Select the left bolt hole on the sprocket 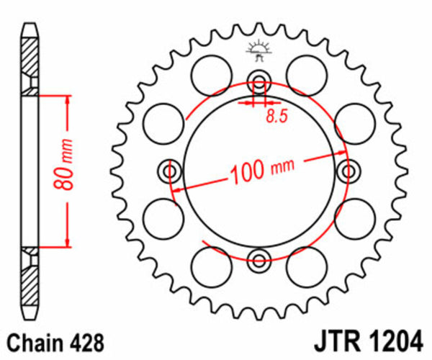point(170,171)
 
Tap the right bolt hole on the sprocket point(349,171)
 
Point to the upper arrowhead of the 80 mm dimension point(68,99)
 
